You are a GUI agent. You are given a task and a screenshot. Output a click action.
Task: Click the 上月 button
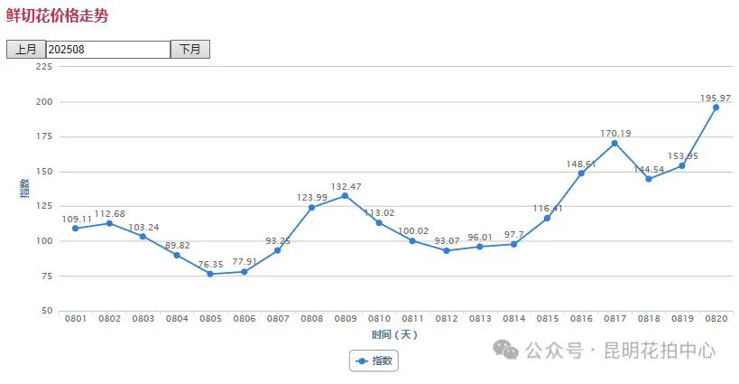(25, 50)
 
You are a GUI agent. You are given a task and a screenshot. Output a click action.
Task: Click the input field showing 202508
(107, 50)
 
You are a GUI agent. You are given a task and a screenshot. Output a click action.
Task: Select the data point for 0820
(716, 108)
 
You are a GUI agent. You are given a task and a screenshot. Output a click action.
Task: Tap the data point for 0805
(209, 274)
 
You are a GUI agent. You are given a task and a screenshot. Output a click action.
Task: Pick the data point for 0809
(345, 195)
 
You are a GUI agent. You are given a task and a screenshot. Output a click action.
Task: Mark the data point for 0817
(614, 143)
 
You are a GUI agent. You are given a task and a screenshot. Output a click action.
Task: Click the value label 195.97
(716, 98)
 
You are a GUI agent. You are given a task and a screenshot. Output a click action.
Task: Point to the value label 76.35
(209, 264)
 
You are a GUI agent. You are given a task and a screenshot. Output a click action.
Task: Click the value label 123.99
(311, 197)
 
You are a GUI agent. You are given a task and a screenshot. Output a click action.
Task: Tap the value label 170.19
(615, 133)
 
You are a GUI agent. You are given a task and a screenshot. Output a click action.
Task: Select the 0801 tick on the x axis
(75, 319)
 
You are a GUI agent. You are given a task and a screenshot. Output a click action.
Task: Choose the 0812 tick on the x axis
(446, 319)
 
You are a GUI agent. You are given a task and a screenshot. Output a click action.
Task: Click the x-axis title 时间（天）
(394, 334)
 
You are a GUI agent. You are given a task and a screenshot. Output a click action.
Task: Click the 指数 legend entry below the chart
(374, 361)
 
